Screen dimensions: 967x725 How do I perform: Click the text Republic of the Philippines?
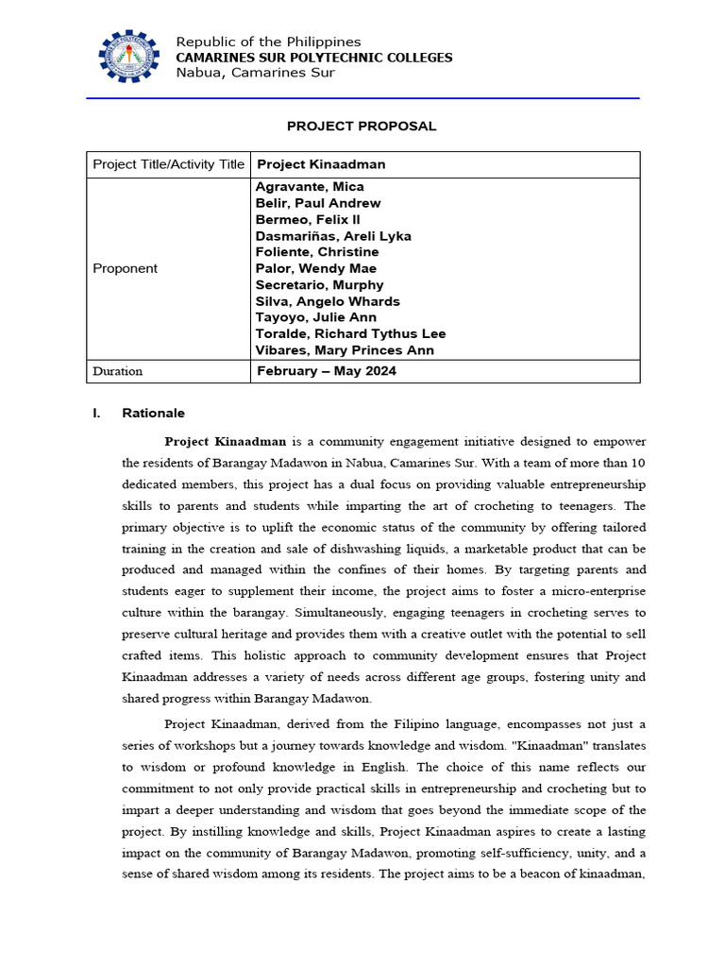click(268, 42)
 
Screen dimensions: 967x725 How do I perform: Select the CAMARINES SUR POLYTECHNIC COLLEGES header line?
click(314, 58)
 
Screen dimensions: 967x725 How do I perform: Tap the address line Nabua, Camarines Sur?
click(255, 73)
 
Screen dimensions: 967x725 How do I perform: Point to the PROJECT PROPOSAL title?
click(362, 127)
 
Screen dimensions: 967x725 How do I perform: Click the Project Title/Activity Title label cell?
click(168, 164)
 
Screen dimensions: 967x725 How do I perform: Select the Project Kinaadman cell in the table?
click(321, 164)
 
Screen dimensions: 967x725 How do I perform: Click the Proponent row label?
click(126, 269)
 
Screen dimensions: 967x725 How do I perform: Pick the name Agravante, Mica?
click(310, 187)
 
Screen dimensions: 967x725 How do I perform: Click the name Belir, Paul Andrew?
click(318, 203)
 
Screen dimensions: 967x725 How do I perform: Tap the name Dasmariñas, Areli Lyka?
click(333, 236)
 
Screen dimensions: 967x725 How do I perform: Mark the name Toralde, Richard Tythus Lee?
click(350, 334)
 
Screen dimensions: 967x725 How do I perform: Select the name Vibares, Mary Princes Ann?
click(345, 350)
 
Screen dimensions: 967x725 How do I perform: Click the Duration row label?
click(118, 371)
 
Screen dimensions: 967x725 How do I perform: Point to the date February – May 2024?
click(327, 371)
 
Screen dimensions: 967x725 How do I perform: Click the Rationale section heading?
click(153, 414)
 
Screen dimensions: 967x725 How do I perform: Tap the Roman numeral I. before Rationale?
click(96, 414)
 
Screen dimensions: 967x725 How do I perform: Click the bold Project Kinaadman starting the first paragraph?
click(226, 441)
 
